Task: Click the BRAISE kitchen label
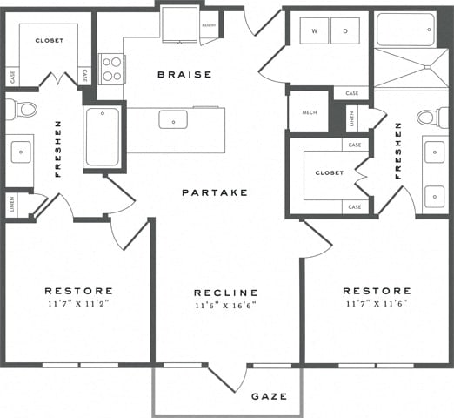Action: (184, 75)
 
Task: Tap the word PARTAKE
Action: (215, 192)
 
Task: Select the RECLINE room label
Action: (226, 293)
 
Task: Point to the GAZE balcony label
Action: (269, 396)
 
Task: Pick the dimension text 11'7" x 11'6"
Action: (376, 304)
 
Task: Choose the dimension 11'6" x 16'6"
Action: (226, 307)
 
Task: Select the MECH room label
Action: (308, 112)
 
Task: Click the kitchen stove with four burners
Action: (112, 68)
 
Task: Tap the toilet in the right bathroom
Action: (430, 117)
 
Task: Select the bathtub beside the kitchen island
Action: (102, 137)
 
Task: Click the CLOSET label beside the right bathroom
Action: (329, 173)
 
